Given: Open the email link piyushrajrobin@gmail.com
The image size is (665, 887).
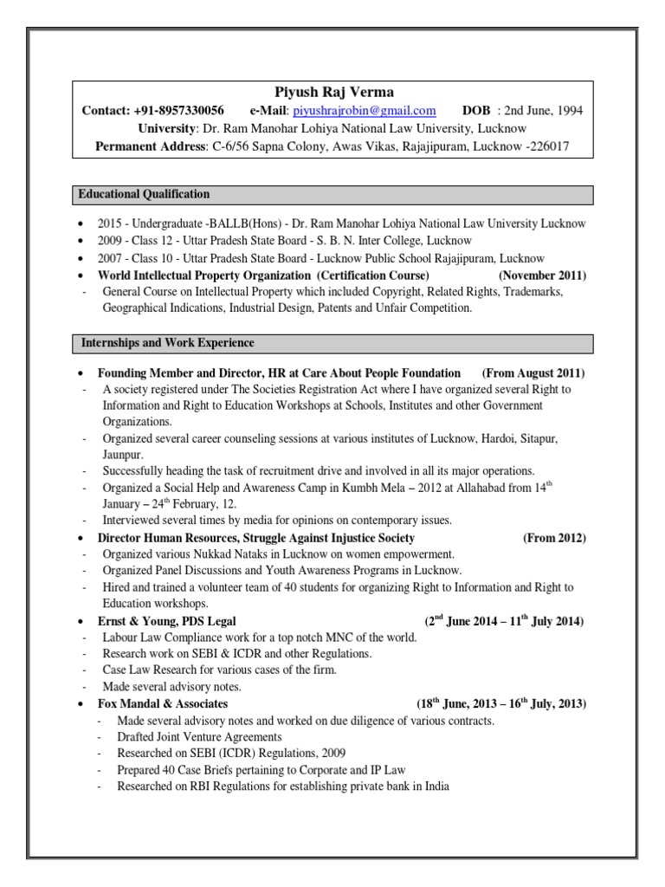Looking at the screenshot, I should pos(364,111).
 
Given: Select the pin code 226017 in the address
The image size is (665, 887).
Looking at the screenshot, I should pos(546,146).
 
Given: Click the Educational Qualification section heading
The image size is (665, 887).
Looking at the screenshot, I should pos(145,194).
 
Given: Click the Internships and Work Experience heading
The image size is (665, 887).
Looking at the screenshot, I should pos(167,343).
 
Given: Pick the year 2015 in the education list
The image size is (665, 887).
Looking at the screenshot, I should pos(111,223).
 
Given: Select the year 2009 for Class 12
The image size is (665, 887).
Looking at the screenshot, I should pos(111,241).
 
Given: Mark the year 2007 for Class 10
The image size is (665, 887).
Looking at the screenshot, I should pos(111,258).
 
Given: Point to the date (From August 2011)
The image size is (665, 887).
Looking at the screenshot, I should pos(533,372).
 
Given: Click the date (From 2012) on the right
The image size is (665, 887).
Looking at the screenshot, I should pos(554,538).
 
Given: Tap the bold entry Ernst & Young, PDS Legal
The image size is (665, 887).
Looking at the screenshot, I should pos(167,621).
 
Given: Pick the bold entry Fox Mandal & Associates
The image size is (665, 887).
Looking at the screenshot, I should pos(164,703).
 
